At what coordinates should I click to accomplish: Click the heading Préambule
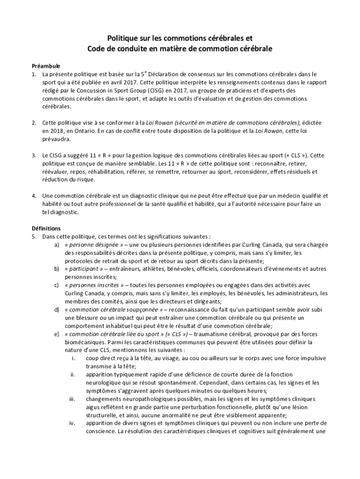coord(46,66)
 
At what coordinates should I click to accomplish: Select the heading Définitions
coord(46,228)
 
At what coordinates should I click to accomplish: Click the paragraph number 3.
coord(34,155)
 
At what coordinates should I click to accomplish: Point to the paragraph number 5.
coord(34,236)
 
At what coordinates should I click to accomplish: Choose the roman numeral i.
coord(73,358)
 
